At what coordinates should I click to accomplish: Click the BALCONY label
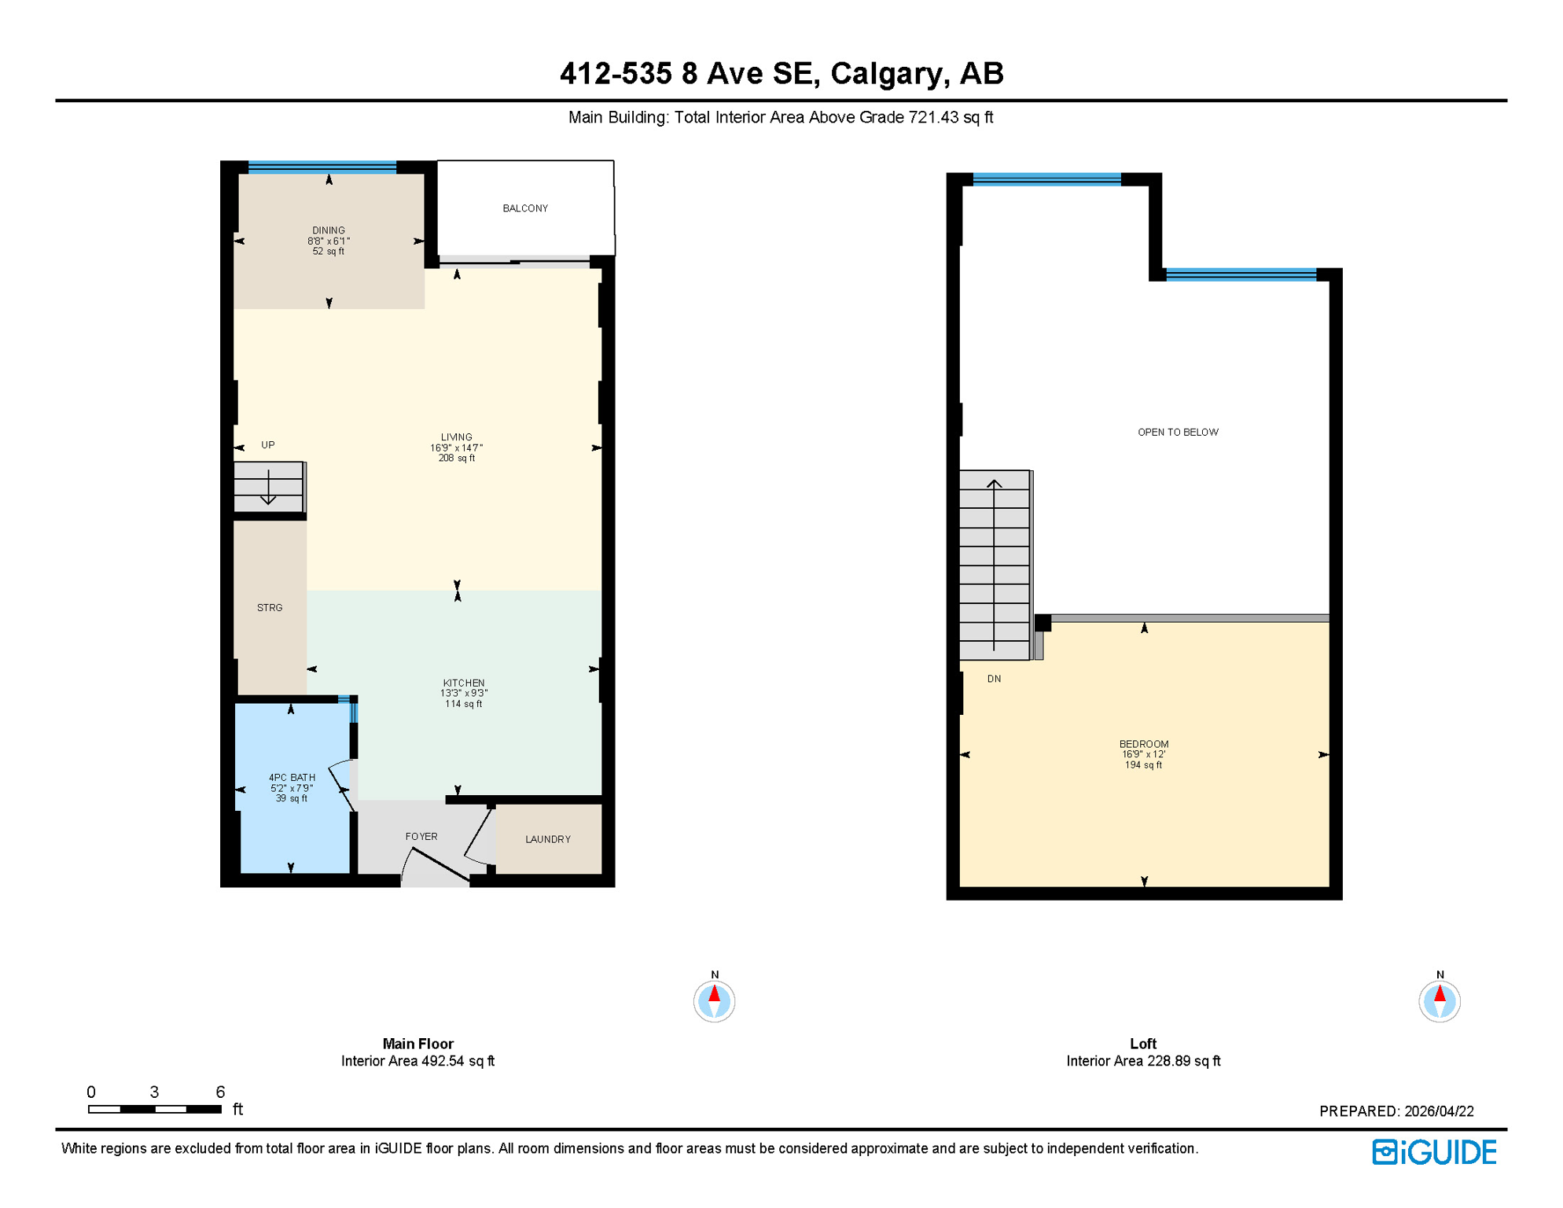[x=525, y=208]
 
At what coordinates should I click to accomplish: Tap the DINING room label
[x=329, y=230]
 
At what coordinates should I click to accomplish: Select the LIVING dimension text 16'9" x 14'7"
[x=456, y=448]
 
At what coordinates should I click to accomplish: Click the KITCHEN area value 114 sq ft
[x=463, y=704]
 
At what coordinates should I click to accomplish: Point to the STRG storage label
[x=270, y=608]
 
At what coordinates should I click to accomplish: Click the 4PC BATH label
[x=292, y=778]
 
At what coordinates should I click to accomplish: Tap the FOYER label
[x=421, y=837]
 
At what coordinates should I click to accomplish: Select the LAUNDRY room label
[x=548, y=840]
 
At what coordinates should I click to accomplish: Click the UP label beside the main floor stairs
[x=268, y=445]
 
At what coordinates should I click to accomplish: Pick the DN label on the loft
[x=994, y=679]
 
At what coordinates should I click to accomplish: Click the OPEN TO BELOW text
[x=1178, y=433]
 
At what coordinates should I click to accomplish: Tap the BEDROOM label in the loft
[x=1144, y=744]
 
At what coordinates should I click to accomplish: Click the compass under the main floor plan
[x=714, y=1001]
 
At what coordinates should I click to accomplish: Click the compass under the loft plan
[x=1440, y=1001]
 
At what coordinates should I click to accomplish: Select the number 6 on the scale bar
[x=220, y=1092]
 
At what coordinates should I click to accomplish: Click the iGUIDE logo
[x=1434, y=1152]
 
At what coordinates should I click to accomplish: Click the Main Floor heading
[x=417, y=1044]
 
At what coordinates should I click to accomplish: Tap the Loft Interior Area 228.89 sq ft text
[x=1143, y=1062]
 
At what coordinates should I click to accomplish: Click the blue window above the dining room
[x=322, y=167]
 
